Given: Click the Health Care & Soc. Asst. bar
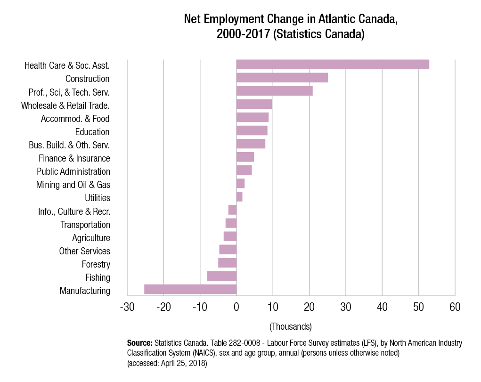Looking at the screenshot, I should click(x=333, y=65).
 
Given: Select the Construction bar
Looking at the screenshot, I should click(x=282, y=78).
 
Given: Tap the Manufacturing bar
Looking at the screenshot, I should click(x=190, y=289).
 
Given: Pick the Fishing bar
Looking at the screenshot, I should click(x=222, y=276).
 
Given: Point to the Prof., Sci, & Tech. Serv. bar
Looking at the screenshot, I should click(x=274, y=91).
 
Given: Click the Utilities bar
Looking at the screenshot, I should click(x=239, y=197).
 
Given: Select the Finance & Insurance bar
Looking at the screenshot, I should click(x=245, y=157).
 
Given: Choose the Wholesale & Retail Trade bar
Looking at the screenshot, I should click(x=254, y=104).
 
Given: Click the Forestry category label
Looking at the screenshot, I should click(x=96, y=264).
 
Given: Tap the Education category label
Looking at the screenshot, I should click(x=92, y=132).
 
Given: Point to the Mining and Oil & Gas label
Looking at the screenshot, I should click(x=73, y=185).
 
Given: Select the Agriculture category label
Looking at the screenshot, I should click(x=91, y=238).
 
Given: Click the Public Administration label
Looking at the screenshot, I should click(x=73, y=171).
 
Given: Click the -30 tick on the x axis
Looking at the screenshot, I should click(x=127, y=307).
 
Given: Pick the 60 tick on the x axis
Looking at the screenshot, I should click(x=455, y=307).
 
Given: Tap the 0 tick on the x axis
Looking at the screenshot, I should click(x=236, y=307).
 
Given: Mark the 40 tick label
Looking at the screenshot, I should click(x=382, y=307).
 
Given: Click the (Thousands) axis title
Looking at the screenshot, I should click(x=290, y=326).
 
